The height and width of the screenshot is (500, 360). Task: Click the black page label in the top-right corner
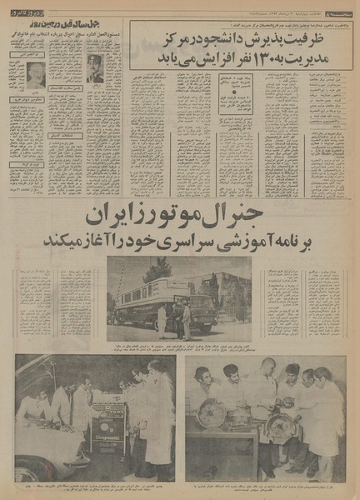(338, 7)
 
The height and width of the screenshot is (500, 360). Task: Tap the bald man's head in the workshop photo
(268, 367)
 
